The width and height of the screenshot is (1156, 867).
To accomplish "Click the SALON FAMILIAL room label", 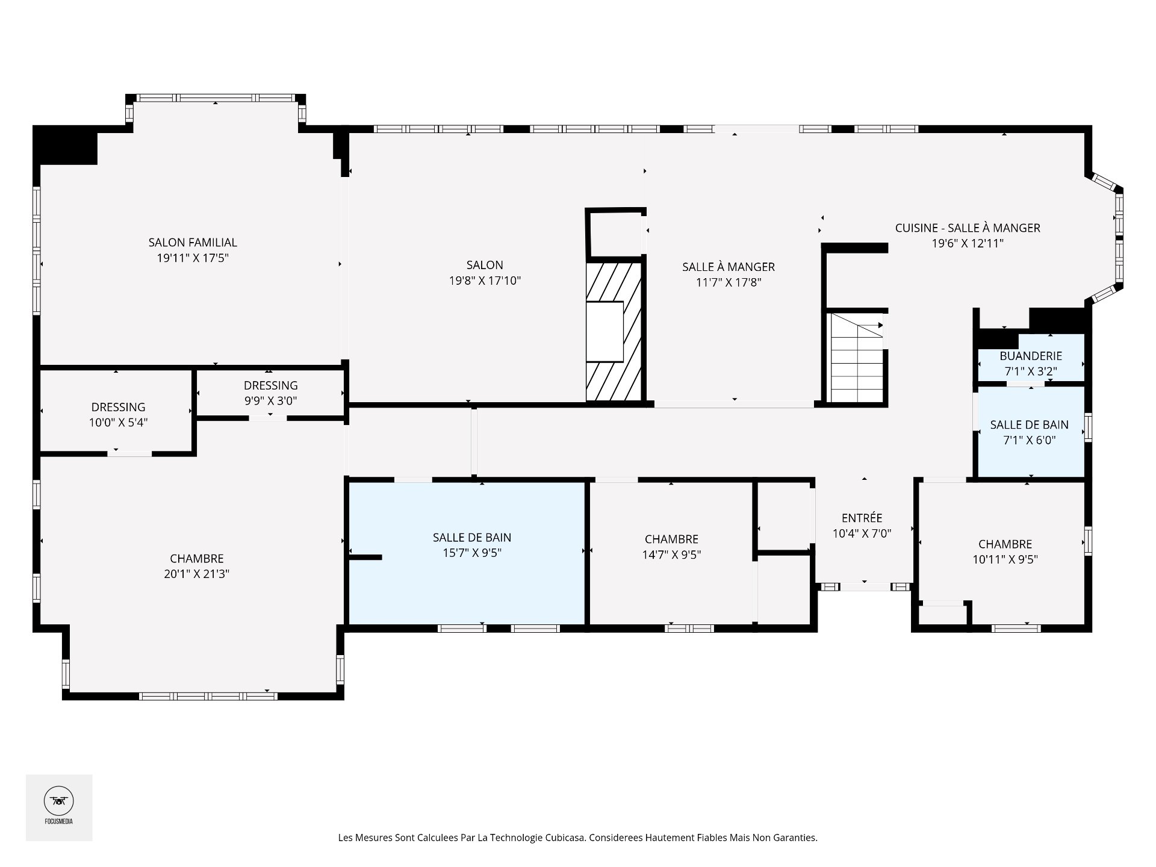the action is click(x=193, y=243).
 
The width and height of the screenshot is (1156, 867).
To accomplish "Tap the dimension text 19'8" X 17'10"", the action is click(x=485, y=281).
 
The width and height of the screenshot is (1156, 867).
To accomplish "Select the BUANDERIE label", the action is click(x=1031, y=356).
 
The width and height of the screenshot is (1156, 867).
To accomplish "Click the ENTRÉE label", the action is click(x=862, y=518).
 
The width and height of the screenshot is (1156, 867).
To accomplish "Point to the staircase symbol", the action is click(x=857, y=357).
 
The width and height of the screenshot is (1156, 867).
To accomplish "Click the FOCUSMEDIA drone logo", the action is click(x=58, y=801).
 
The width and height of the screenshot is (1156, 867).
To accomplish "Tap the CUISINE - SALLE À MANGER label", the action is click(x=968, y=228).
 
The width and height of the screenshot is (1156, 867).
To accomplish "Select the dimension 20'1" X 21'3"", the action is click(x=196, y=574).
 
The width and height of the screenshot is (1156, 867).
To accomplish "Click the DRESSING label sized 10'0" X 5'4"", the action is click(x=119, y=408).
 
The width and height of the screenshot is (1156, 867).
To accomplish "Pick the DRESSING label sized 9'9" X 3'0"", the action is click(x=270, y=385).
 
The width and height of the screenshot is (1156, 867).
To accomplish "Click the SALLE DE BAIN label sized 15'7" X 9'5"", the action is click(x=472, y=538).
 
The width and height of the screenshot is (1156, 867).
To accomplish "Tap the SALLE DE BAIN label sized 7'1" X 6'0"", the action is click(x=1030, y=424).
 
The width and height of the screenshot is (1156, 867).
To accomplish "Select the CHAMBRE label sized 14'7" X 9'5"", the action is click(x=671, y=539).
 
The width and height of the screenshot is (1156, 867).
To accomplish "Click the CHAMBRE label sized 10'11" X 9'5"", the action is click(x=1005, y=544).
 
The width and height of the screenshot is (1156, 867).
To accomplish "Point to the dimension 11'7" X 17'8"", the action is click(x=729, y=282).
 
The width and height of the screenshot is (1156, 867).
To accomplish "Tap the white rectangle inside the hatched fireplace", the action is click(x=605, y=332).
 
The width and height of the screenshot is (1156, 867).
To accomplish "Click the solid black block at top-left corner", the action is click(x=65, y=145).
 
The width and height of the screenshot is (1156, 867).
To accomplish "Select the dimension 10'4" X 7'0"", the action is click(x=862, y=533).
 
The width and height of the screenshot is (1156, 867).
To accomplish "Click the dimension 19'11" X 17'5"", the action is click(x=193, y=258).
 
